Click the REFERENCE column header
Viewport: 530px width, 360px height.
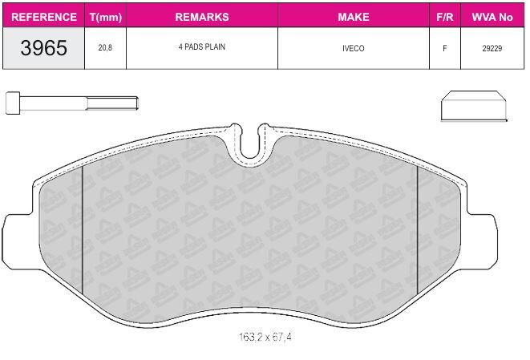pos(44,17)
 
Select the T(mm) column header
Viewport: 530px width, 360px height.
pos(106,17)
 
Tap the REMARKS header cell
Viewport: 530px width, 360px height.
pos(202,17)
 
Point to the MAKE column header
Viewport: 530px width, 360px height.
pos(354,17)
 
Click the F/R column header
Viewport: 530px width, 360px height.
pos(444,17)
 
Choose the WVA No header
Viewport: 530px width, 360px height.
pos(492,17)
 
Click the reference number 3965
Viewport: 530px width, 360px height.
pos(43,47)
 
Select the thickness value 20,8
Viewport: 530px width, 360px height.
pos(105,47)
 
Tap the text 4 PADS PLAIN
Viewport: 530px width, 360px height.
pos(202,47)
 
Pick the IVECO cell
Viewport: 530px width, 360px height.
pos(354,48)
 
